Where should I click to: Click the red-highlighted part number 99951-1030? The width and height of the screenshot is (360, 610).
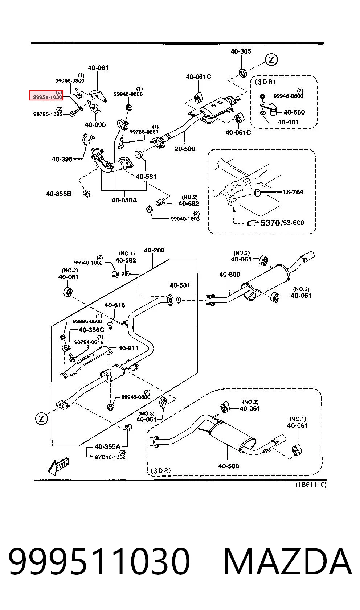[48, 97]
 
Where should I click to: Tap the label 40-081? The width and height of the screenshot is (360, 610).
[98, 68]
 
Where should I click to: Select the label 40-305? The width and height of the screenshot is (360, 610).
[241, 51]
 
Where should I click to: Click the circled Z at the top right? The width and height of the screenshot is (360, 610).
[271, 59]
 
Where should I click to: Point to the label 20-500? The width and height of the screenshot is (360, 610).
[185, 149]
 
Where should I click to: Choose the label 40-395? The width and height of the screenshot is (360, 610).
[62, 159]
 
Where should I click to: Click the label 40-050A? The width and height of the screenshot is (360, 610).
[124, 200]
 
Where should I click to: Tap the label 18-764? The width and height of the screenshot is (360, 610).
[293, 192]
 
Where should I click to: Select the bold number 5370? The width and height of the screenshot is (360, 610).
[270, 223]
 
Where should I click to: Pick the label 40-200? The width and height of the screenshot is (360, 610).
[154, 250]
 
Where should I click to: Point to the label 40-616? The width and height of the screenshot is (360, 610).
[115, 305]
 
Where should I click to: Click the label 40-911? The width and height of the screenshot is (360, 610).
[128, 348]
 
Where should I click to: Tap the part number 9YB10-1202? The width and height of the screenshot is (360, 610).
[110, 457]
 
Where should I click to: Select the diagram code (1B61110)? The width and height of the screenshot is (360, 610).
[311, 485]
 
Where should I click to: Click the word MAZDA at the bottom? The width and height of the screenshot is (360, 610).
[288, 562]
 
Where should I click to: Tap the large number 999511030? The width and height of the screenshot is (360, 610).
[99, 562]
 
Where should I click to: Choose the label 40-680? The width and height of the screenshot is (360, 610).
[294, 112]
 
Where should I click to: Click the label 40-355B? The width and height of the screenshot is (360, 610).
[58, 194]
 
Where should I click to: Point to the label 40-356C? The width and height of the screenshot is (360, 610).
[91, 330]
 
